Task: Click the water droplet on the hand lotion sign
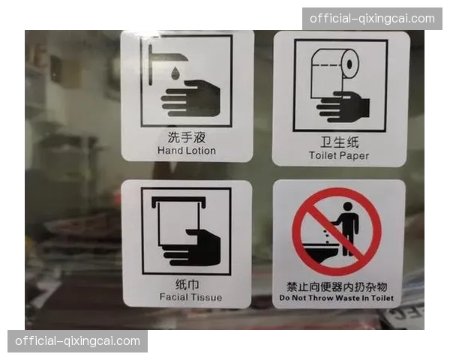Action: (175, 73)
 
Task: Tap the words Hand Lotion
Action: (187, 151)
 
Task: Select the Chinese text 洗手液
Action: (187, 137)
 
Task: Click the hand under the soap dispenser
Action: (190, 98)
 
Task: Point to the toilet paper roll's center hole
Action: (349, 64)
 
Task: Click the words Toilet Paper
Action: (339, 155)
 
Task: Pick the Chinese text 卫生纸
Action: (340, 142)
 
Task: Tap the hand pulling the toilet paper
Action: (343, 106)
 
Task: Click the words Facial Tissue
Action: (190, 297)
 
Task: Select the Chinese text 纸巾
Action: (187, 284)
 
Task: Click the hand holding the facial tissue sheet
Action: (191, 247)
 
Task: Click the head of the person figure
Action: (347, 207)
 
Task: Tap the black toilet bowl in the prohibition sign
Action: (319, 253)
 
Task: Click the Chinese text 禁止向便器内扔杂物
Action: (337, 286)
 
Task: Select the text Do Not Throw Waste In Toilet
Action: (336, 298)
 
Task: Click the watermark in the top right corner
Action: (372, 19)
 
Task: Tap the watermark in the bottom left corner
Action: (77, 341)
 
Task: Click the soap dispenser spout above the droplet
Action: (168, 57)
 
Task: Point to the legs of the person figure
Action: (348, 244)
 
